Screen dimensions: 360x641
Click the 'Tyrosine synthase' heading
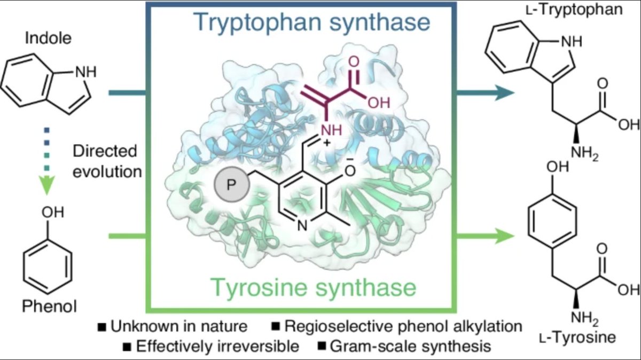tap(314, 288)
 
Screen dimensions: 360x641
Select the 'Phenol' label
tap(49, 306)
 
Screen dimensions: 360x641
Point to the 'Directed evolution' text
tap(105, 161)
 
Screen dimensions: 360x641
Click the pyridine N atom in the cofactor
tap(301, 226)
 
